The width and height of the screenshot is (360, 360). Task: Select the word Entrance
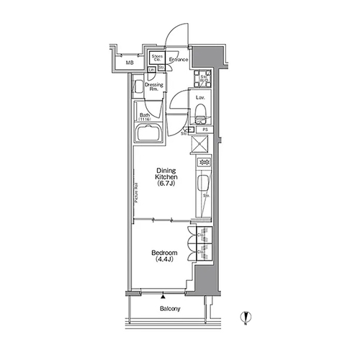(179, 60)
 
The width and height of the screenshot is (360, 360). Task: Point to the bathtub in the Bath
(150, 134)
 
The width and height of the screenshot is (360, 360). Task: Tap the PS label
(206, 130)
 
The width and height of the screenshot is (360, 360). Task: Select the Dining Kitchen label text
(167, 174)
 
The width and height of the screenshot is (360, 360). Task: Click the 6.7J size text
(167, 184)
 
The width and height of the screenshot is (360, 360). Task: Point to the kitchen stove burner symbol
(203, 163)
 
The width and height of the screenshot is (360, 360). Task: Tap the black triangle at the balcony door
(165, 295)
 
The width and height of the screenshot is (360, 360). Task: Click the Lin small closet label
(152, 69)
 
